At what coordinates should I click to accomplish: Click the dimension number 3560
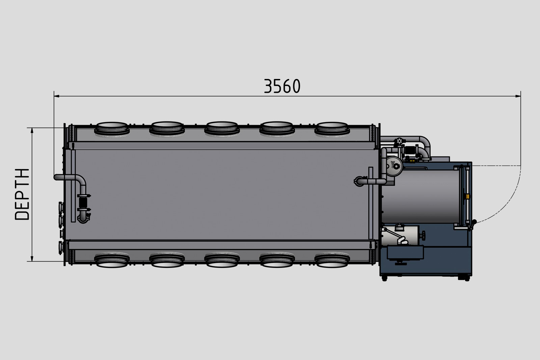(282, 86)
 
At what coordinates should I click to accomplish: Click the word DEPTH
(22, 194)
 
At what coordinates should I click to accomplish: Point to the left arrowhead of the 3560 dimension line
(57, 96)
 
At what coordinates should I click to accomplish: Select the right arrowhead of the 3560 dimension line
(518, 96)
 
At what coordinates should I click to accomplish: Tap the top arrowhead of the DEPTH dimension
(32, 130)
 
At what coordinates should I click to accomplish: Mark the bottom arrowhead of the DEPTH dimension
(32, 258)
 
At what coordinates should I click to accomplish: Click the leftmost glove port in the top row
(112, 128)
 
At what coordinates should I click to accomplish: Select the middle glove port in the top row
(222, 128)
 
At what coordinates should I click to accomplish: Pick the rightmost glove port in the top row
(332, 128)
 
